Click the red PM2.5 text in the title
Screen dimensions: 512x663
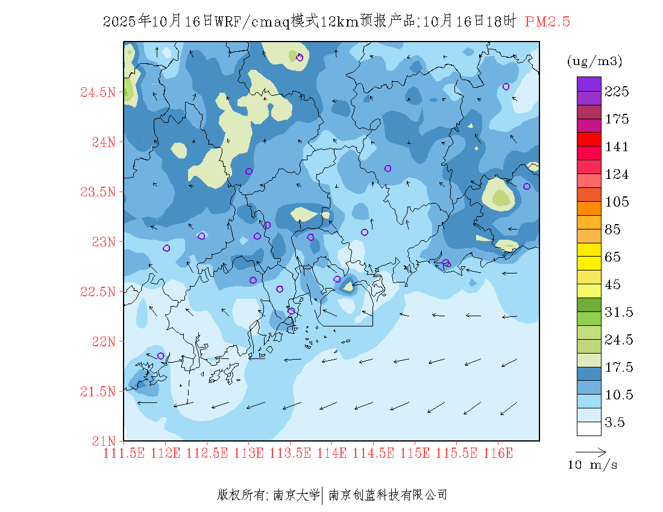pyautogui.click(x=547, y=22)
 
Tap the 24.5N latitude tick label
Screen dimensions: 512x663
pyautogui.click(x=98, y=93)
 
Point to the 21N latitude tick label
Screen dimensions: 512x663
pyautogui.click(x=102, y=441)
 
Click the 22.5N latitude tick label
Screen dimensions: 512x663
pyautogui.click(x=98, y=292)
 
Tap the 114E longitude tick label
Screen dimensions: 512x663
pyautogui.click(x=331, y=453)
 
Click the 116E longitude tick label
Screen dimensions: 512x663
pyautogui.click(x=498, y=453)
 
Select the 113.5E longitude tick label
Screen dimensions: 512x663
pyautogui.click(x=290, y=453)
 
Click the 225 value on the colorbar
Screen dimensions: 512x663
pyautogui.click(x=617, y=92)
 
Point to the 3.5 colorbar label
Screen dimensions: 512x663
pyautogui.click(x=615, y=422)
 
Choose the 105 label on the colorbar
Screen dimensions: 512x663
pyautogui.click(x=617, y=202)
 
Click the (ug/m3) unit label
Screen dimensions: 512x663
pyautogui.click(x=594, y=61)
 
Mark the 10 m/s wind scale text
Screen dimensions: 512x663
pyautogui.click(x=592, y=465)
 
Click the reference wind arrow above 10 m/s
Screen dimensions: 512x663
pyautogui.click(x=591, y=451)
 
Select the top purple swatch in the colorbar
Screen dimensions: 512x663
pyautogui.click(x=589, y=84)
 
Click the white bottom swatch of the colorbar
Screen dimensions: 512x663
pyautogui.click(x=589, y=428)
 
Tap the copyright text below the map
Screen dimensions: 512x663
pyautogui.click(x=332, y=495)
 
